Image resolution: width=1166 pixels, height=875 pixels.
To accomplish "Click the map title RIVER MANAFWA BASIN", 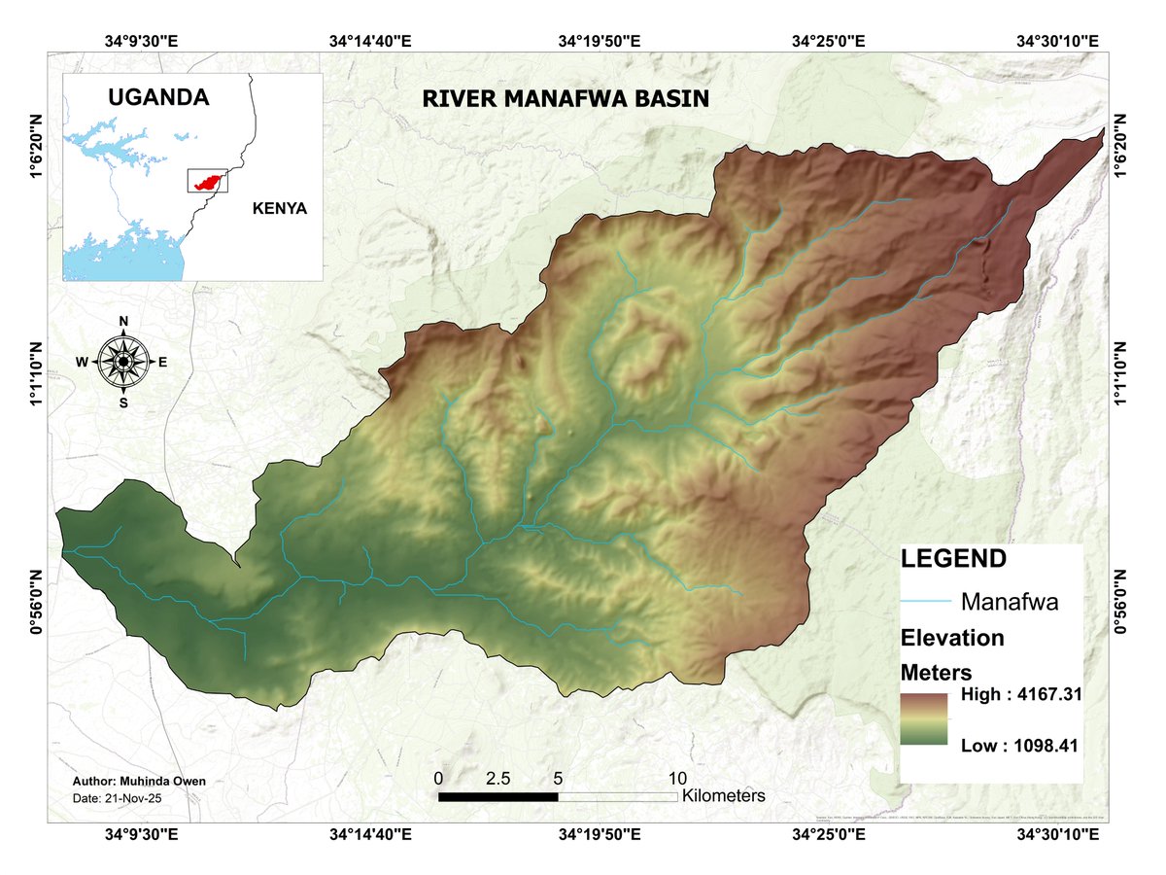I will [566, 99].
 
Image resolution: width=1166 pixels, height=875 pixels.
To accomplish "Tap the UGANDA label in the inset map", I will [158, 97].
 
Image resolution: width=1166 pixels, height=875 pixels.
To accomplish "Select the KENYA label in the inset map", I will [279, 208].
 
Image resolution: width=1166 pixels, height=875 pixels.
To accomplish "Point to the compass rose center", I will [123, 362].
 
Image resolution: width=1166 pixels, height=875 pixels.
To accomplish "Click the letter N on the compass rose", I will [123, 322].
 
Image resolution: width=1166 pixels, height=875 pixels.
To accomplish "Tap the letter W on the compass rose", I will [82, 363].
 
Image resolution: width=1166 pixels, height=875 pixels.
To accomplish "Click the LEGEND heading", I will [953, 559].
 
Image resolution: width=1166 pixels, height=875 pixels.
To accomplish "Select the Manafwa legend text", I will [1009, 602].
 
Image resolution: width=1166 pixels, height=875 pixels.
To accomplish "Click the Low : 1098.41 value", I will [1020, 746].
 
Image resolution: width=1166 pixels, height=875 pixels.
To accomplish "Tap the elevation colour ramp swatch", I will [924, 719].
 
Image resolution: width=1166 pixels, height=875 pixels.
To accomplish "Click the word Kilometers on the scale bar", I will [724, 796].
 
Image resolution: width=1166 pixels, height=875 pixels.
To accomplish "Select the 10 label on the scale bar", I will [677, 779].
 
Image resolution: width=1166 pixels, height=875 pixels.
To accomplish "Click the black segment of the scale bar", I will [497, 797].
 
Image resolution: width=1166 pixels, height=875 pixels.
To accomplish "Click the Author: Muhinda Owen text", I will [139, 781].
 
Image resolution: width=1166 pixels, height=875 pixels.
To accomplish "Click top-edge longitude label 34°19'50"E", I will [600, 42].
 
